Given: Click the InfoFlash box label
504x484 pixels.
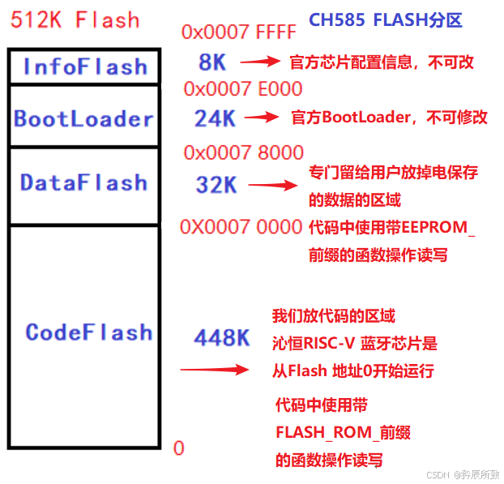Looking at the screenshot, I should (85, 66).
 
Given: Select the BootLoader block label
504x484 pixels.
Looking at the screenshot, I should (83, 119).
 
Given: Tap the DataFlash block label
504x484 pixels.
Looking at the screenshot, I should (84, 182).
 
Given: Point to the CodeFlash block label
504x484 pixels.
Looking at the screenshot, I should (88, 332).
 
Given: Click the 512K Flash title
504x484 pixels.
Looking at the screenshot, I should (75, 19).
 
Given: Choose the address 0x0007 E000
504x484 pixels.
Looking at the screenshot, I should (243, 88).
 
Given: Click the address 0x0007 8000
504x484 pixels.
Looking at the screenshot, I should (244, 152).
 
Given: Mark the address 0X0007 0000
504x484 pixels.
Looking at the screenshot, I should (241, 227).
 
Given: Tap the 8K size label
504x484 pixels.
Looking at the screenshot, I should (211, 61).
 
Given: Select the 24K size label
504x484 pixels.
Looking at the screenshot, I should (215, 118).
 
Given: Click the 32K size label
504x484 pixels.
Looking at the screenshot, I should (216, 185).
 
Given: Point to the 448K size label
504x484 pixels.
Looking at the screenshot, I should (221, 338).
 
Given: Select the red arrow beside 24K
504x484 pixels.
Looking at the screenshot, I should (261, 117).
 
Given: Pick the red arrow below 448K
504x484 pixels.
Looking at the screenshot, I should (213, 370).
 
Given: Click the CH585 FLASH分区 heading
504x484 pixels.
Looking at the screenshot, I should (385, 20).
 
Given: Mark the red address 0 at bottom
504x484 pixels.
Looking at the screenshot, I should (179, 448).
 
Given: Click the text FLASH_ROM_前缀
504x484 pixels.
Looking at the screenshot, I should (343, 432).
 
